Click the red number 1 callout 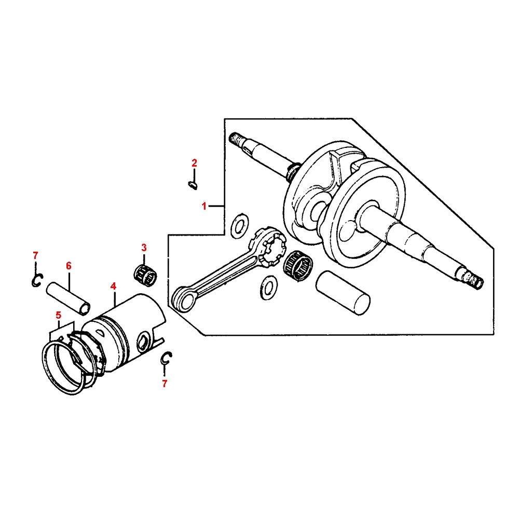[x=204, y=206]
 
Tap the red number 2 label [x=195, y=163]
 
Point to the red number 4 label [x=113, y=285]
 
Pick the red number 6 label [x=69, y=265]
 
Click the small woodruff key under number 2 [x=192, y=183]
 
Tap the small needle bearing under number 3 [x=145, y=273]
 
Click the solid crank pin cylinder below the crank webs [x=343, y=293]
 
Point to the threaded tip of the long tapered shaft [x=475, y=280]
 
